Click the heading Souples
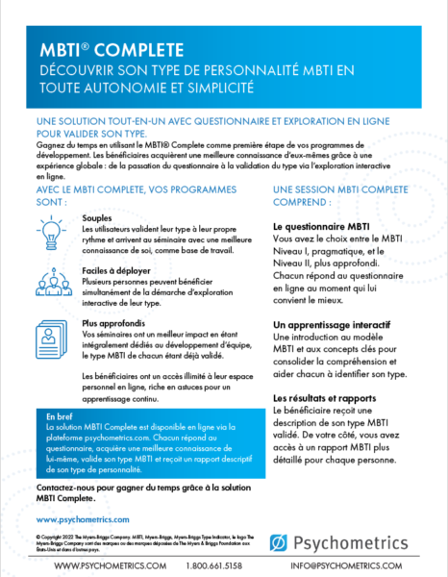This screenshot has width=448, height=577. [97, 218]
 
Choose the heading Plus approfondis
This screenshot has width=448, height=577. [116, 322]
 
